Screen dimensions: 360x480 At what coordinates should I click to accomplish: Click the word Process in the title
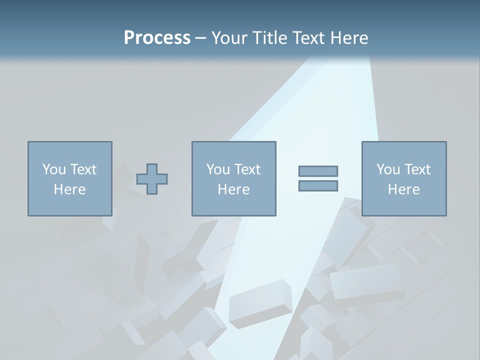coord(157,38)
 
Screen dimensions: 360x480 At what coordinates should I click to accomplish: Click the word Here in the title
coord(348,38)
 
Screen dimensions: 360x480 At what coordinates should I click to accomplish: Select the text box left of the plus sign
coord(70,178)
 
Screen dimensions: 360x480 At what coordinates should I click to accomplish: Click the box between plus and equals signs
coord(234,178)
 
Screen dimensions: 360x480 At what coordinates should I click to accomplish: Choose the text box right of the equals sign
coord(404,178)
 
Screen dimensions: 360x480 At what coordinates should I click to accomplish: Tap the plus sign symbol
coord(152,179)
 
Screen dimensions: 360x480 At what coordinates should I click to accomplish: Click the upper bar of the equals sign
coord(318,171)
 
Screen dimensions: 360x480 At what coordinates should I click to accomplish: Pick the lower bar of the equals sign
coord(318,186)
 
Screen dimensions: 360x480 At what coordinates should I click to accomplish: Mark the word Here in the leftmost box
coord(70,189)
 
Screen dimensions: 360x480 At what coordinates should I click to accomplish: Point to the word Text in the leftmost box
coord(83,169)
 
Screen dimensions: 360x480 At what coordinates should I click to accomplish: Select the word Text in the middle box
coord(247,169)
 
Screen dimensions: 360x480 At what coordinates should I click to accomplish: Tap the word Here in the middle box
coord(234,189)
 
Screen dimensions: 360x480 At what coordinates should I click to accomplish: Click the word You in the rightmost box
coord(388,169)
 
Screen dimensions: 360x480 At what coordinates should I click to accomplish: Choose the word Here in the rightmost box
coord(404,189)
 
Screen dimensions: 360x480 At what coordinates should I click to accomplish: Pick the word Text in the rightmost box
coord(417,169)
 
